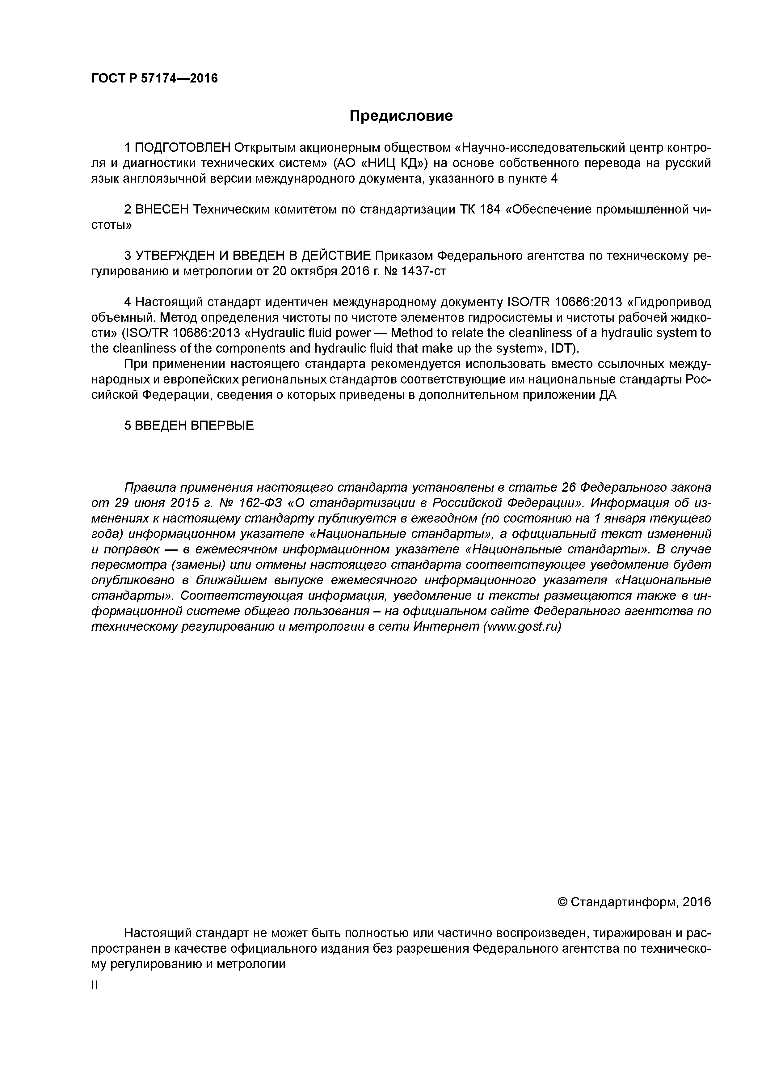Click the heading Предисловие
(x=401, y=116)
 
